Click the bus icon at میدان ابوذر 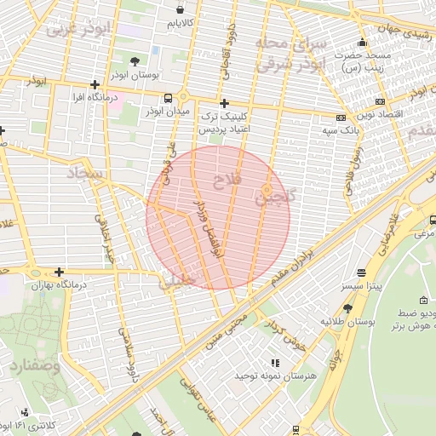point(168,98)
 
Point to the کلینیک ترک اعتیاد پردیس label point(222,123)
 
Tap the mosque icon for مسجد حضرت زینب point(362,43)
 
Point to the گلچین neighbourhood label point(277,197)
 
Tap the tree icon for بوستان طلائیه point(348,307)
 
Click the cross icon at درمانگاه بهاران point(59,272)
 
